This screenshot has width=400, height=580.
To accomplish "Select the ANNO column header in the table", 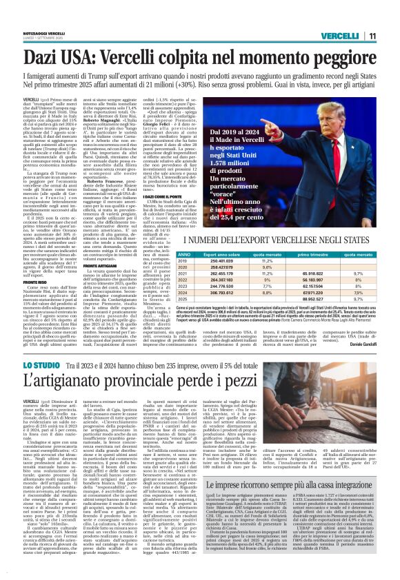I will pyautogui.click(x=164, y=254).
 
